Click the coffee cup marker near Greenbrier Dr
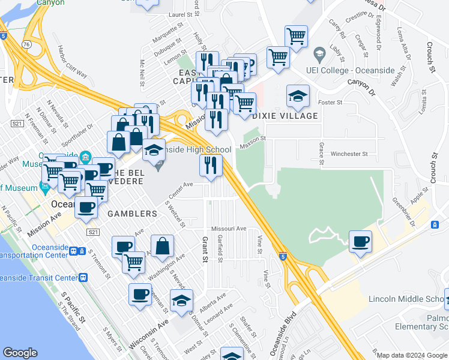pos(360,242)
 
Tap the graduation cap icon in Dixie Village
pos(298,96)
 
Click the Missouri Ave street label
pos(229,229)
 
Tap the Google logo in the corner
pos(20,352)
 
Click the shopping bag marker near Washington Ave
pos(163,246)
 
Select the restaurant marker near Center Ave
pos(211,166)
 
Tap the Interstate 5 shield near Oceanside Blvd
pos(283,256)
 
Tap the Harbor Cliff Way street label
pos(73,62)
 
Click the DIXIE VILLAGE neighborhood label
pos(285,116)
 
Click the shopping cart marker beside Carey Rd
pos(297,37)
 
